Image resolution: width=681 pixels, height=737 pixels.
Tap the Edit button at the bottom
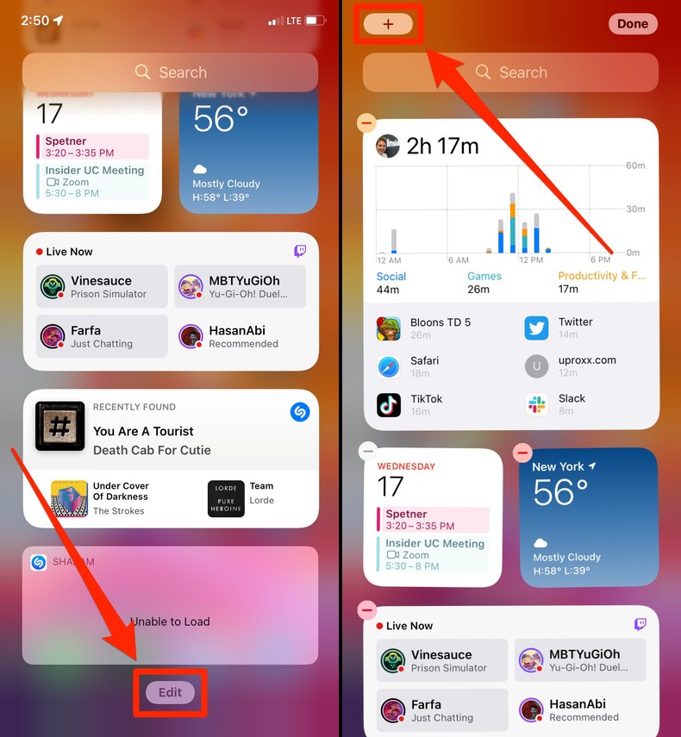click(x=170, y=692)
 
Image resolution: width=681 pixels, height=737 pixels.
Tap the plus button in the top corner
click(x=388, y=24)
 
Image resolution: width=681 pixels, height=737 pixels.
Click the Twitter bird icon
click(x=537, y=328)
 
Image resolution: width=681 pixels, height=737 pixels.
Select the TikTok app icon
click(x=389, y=404)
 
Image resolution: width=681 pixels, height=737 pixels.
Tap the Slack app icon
click(x=537, y=404)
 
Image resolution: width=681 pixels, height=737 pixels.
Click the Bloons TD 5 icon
click(x=389, y=328)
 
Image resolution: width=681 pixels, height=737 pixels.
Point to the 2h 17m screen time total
click(x=443, y=146)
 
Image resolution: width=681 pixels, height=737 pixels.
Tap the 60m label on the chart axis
click(x=634, y=166)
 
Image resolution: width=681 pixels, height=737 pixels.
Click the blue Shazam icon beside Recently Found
click(x=300, y=412)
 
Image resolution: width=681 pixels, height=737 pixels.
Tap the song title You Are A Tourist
click(x=143, y=431)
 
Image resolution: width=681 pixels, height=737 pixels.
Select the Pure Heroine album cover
click(x=226, y=499)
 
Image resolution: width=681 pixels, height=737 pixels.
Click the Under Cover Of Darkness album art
click(x=69, y=499)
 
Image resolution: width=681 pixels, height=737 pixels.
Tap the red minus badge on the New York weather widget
click(x=522, y=452)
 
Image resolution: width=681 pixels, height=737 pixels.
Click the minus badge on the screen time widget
click(x=366, y=122)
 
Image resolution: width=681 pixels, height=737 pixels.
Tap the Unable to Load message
click(x=170, y=621)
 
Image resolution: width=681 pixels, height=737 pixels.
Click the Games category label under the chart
click(x=484, y=276)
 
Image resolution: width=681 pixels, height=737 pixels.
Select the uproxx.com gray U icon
click(x=537, y=366)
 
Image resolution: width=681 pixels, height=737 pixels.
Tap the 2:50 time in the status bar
click(x=35, y=20)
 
